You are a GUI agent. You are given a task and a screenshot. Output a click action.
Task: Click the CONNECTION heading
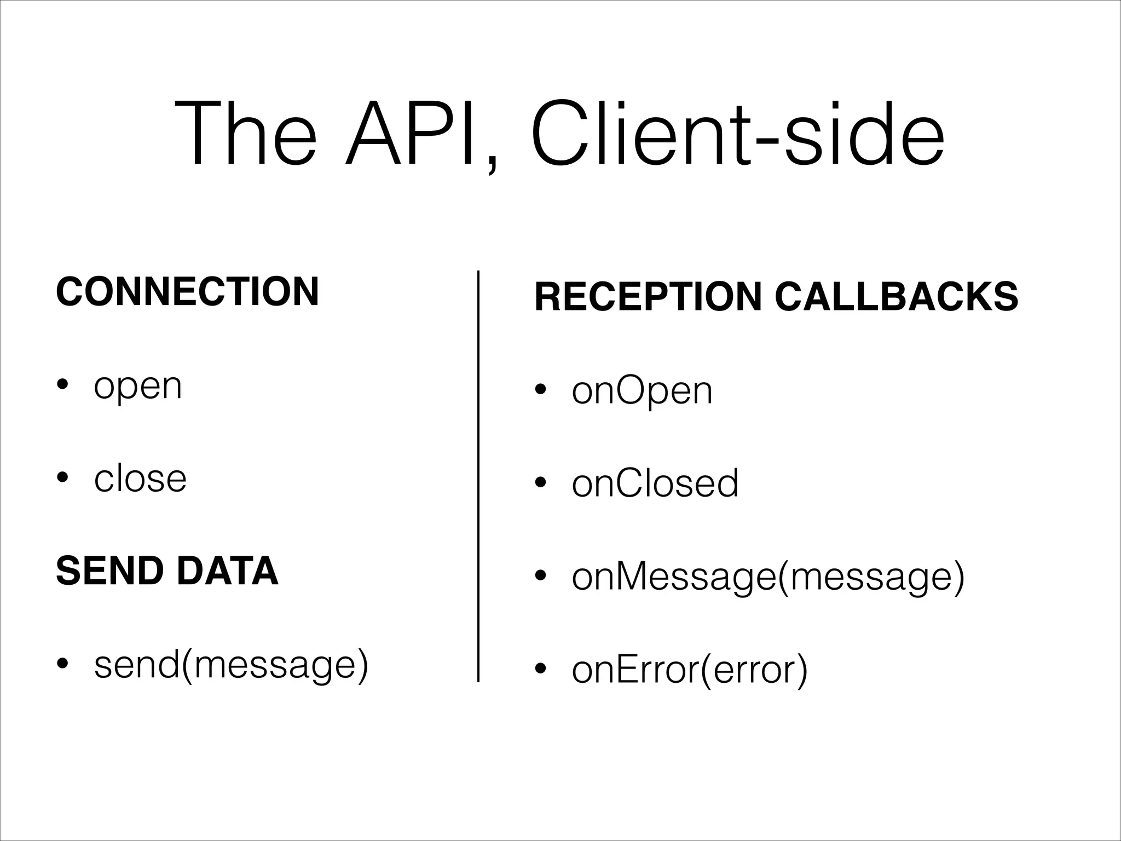(x=187, y=292)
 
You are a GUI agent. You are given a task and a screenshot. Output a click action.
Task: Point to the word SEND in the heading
(x=109, y=571)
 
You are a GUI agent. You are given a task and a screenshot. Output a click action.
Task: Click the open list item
(x=137, y=387)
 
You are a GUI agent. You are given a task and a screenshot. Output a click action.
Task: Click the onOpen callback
(x=642, y=391)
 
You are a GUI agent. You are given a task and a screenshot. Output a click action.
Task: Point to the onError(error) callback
(x=690, y=670)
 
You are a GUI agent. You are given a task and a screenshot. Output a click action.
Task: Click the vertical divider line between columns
(x=478, y=476)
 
